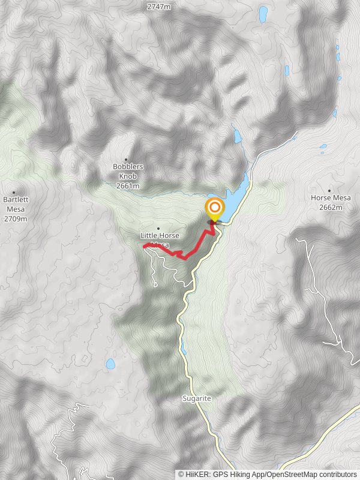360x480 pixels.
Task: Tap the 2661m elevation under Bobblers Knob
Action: (128, 186)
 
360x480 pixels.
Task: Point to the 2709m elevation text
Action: (15, 219)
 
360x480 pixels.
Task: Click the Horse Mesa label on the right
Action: (331, 197)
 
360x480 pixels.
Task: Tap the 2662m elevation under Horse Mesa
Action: (331, 208)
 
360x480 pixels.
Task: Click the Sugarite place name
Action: (196, 398)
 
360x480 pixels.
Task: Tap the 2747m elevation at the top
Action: (158, 7)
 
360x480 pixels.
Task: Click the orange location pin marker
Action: (214, 210)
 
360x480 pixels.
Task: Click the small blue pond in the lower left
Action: (110, 364)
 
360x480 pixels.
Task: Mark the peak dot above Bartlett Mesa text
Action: (14, 193)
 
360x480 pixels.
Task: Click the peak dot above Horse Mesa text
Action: (329, 190)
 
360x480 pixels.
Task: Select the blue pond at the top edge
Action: (263, 13)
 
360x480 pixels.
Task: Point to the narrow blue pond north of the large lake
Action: (238, 136)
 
